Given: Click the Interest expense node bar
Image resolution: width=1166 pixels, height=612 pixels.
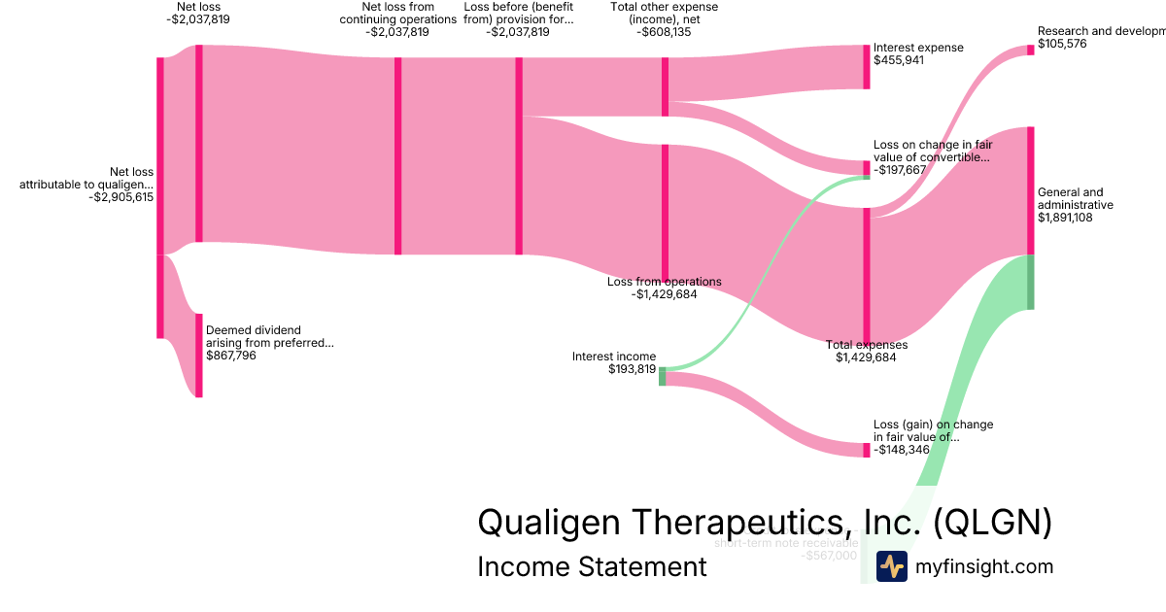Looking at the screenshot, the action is [x=867, y=67].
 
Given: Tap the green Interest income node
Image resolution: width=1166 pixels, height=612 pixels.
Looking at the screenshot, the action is [x=663, y=376].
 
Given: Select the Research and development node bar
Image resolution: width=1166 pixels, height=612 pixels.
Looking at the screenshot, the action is [x=1031, y=50].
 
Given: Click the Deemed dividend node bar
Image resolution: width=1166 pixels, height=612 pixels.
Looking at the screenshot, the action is [x=199, y=355].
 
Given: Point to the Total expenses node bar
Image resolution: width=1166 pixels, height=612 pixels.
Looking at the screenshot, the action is [x=867, y=275].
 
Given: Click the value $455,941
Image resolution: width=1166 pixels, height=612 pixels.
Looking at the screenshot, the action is [x=899, y=60].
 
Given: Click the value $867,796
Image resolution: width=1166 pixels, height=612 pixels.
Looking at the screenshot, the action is [x=231, y=356].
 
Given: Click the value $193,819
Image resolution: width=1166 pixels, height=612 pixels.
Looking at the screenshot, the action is [x=632, y=369].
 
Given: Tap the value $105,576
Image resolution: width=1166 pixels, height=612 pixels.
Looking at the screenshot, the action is [x=1063, y=44].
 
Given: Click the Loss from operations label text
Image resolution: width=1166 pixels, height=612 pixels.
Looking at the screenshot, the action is [x=665, y=282].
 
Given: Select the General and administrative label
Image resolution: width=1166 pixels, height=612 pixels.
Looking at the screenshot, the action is [x=1075, y=198].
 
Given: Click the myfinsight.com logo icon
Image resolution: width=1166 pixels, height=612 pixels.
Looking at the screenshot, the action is [x=892, y=566].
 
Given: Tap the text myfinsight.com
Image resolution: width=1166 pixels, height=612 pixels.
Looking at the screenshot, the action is [x=983, y=566].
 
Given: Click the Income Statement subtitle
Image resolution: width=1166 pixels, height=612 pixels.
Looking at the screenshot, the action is [x=592, y=566].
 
